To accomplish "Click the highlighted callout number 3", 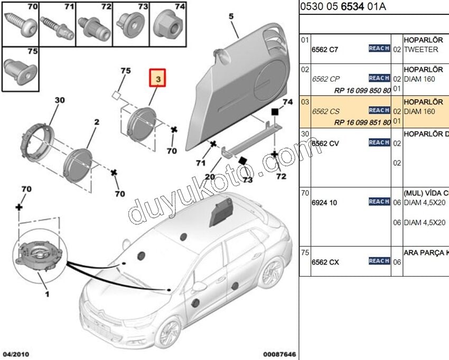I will coord(158,78).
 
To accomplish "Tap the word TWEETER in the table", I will coord(421,50).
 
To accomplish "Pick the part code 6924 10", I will coord(324,203).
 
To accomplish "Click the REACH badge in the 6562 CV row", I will coord(379,143).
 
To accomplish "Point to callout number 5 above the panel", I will coord(231,17).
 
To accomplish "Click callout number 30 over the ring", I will coord(59,100).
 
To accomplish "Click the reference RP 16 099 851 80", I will coord(362,122).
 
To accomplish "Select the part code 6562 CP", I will coord(325,79).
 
